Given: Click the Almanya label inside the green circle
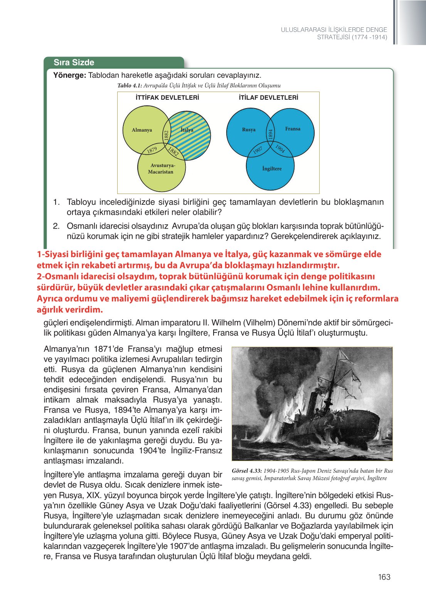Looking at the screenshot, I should click(x=142, y=130).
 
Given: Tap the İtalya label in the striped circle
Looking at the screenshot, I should click(x=187, y=130).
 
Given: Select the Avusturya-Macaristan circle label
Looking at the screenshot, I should click(x=161, y=169).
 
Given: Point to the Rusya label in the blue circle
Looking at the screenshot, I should click(x=249, y=130).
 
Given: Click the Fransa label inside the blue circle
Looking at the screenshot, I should click(x=293, y=129).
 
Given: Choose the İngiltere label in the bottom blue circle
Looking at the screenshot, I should click(x=272, y=169).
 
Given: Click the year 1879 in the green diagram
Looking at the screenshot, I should click(x=152, y=150).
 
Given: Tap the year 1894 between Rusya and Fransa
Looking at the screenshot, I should click(x=271, y=134).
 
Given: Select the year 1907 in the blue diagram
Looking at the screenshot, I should click(x=258, y=150).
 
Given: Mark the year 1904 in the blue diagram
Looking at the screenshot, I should click(x=280, y=149).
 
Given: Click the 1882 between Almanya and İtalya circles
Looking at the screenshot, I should click(x=167, y=135).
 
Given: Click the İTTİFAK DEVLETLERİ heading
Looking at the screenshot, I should click(x=167, y=98).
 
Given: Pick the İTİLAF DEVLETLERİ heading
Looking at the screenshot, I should click(x=268, y=98).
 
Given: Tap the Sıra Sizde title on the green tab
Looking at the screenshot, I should click(x=74, y=62).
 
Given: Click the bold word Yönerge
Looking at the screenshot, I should click(x=69, y=75).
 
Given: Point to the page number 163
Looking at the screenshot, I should click(x=384, y=577).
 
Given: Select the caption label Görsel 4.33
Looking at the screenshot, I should click(x=247, y=471).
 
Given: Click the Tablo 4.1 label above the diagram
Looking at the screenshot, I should click(x=130, y=85).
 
